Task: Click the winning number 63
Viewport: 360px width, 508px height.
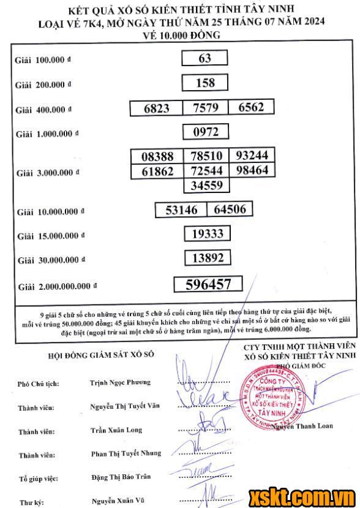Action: tap(205, 58)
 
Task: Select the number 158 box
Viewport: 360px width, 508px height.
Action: tap(205, 82)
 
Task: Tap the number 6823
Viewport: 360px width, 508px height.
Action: tap(157, 108)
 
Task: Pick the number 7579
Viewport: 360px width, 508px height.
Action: tap(205, 108)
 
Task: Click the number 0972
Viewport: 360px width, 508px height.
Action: tap(205, 132)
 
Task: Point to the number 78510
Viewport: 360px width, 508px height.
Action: tap(205, 156)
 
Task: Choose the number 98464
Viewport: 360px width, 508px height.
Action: tap(252, 170)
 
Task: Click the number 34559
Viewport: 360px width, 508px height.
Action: tap(205, 184)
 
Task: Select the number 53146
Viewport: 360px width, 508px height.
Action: tap(181, 210)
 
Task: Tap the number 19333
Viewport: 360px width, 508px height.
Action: tap(208, 233)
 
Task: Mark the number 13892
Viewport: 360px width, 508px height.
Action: tap(208, 258)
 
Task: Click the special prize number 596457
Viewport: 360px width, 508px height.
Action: tap(208, 284)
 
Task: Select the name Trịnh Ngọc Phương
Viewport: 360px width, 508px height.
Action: tap(120, 382)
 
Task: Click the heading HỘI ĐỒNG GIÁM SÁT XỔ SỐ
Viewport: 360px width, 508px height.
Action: tap(101, 355)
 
